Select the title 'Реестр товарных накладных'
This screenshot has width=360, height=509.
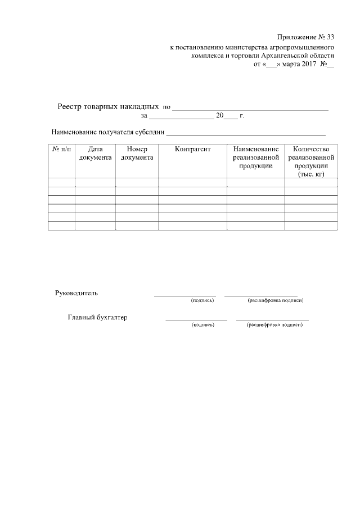(x=108, y=106)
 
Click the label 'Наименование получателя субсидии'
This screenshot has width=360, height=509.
(x=108, y=133)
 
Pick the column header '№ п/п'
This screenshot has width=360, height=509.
(x=61, y=150)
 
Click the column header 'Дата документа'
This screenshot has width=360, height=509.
(x=95, y=154)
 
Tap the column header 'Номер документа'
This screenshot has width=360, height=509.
(x=137, y=154)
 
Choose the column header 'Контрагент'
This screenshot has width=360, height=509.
(x=192, y=150)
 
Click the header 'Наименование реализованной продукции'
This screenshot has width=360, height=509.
(x=256, y=157)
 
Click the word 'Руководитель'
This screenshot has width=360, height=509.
(x=76, y=293)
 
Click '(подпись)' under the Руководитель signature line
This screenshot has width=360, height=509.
(x=202, y=300)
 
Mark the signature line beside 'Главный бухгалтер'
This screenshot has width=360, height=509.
(x=196, y=320)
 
